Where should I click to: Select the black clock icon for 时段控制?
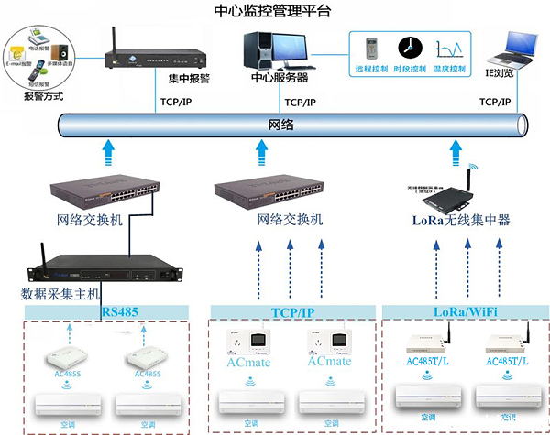pyautogui.click(x=408, y=48)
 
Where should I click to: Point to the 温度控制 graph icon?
pyautogui.click(x=449, y=49)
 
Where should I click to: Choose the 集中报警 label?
pyautogui.click(x=191, y=79)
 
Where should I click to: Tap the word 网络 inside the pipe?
pyautogui.click(x=281, y=122)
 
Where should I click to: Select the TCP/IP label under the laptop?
pyautogui.click(x=501, y=103)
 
